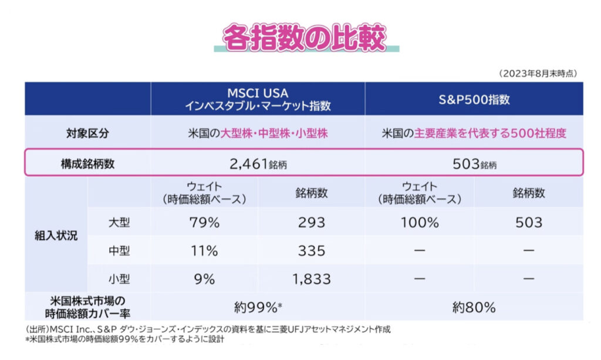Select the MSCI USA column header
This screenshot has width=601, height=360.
[258, 99]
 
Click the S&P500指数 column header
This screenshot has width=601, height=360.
[474, 99]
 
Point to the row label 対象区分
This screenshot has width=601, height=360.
[87, 133]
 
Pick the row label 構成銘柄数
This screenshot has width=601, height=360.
[87, 164]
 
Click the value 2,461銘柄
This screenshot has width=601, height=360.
[258, 164]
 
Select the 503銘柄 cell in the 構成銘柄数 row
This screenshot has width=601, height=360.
[474, 164]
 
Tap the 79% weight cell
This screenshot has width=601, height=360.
[204, 223]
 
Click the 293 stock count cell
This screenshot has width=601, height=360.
[311, 223]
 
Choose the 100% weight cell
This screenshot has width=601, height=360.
[420, 223]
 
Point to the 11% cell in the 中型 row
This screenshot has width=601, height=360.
[204, 251]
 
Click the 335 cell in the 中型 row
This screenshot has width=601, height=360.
[311, 251]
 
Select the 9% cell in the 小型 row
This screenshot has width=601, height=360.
[204, 279]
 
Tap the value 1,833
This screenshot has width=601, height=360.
[311, 279]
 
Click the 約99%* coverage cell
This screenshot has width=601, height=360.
[258, 307]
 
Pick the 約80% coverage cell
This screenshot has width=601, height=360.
[474, 307]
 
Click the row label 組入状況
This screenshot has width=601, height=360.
[56, 237]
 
